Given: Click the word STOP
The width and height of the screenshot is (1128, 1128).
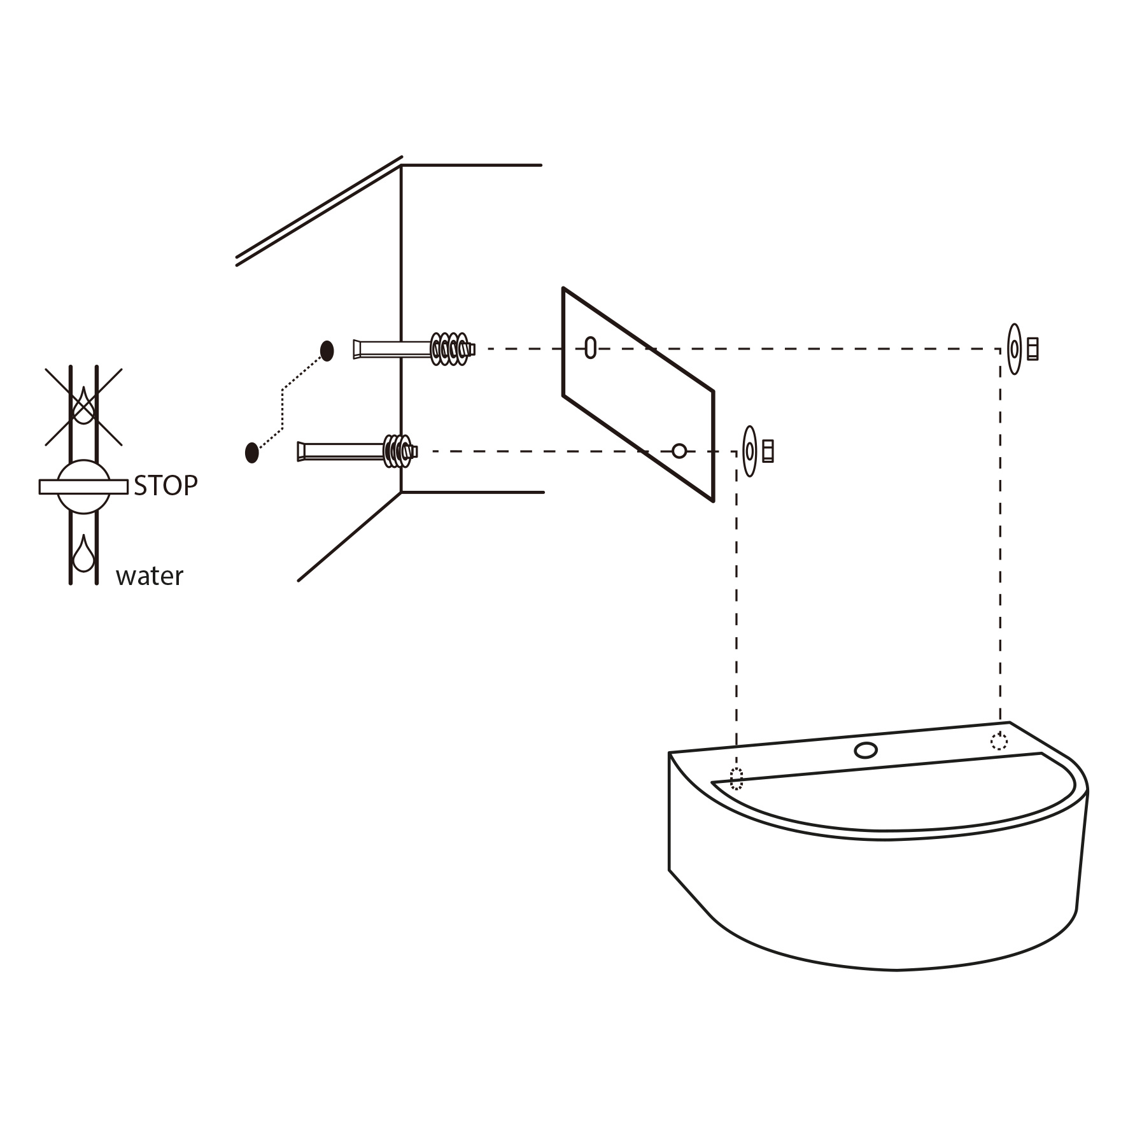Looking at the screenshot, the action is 166,486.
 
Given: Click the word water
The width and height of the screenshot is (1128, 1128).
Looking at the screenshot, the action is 150,576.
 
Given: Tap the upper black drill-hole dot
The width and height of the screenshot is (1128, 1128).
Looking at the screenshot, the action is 327,351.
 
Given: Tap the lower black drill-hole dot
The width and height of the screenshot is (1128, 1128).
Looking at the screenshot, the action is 252,453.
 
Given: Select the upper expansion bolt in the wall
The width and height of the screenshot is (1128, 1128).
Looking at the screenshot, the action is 414,349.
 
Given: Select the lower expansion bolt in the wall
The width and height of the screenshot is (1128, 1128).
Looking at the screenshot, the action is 357,451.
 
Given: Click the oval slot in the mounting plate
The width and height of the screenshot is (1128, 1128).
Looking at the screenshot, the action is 591,348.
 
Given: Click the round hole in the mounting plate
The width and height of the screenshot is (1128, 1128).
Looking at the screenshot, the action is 679,451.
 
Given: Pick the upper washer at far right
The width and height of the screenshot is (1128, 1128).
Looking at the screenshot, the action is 1014,349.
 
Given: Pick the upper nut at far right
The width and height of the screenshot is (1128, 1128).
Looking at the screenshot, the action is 1033,349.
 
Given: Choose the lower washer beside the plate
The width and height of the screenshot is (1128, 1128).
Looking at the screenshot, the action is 750,451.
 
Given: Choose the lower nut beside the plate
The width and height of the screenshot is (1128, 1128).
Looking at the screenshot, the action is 768,451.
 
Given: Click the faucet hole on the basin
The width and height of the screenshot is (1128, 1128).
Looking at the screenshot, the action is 866,751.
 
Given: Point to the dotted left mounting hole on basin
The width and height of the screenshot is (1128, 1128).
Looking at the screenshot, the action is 737,779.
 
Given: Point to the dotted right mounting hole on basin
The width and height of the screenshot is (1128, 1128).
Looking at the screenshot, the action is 999,741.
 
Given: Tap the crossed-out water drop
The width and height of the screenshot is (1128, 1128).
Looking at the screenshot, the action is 83,405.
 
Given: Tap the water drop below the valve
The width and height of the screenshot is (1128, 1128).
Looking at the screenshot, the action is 83,553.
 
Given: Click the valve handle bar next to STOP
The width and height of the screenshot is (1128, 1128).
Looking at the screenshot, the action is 83,487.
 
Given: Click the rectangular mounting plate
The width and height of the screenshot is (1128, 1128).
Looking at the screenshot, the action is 638,395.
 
